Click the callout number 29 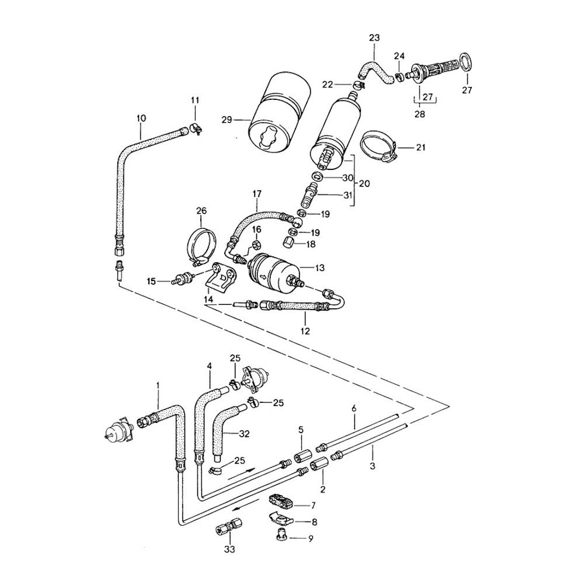(x=227, y=120)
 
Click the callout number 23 (x=374, y=38)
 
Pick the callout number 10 (x=141, y=119)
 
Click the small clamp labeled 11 (x=195, y=130)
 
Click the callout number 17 (x=256, y=193)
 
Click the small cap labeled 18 (x=288, y=242)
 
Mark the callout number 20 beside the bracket (x=364, y=183)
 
